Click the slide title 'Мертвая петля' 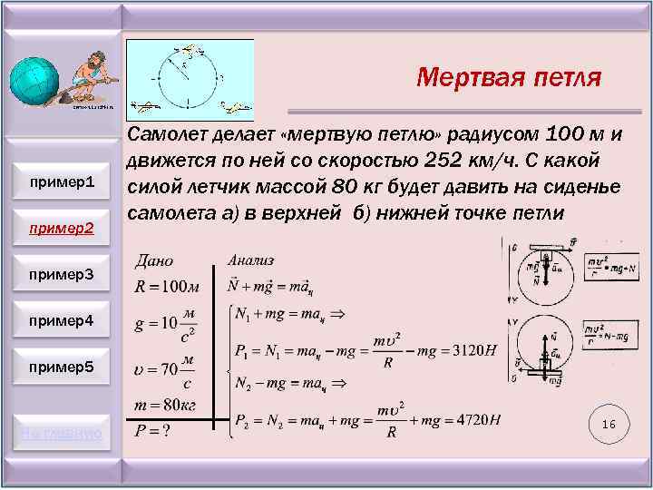[508, 77]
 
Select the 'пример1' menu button [62, 182]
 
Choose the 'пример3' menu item [62, 273]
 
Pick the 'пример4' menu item [62, 320]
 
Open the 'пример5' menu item [62, 367]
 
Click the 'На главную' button [62, 433]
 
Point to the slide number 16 [609, 425]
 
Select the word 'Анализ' [250, 260]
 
